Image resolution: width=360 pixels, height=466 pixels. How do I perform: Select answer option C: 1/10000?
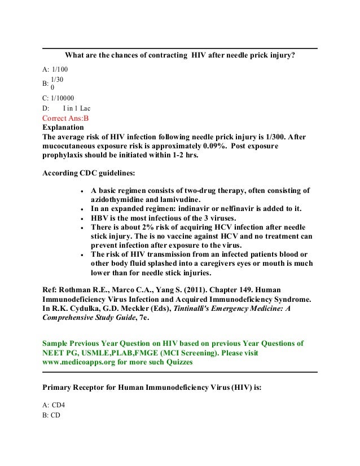coord(59,97)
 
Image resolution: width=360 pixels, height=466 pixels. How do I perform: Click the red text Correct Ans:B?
coord(66,118)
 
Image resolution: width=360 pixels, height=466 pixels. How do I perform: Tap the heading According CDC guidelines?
coord(89,173)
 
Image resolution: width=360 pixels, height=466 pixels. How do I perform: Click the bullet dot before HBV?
coord(84,218)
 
